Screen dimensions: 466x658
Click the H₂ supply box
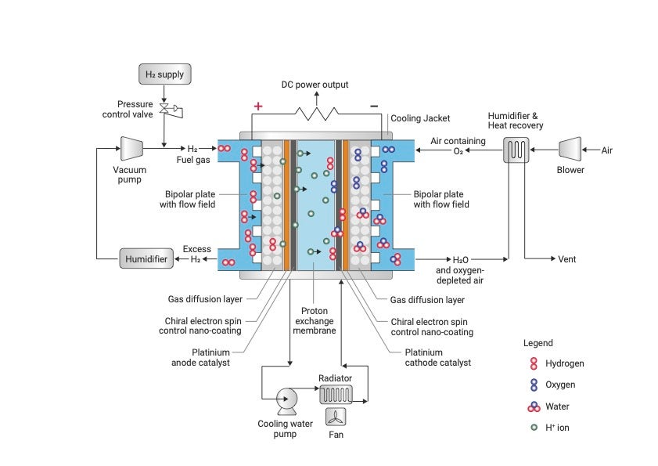(x=164, y=74)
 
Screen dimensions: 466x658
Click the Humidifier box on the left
(x=146, y=258)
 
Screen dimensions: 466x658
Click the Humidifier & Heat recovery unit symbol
(x=516, y=149)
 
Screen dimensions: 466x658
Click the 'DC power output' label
(x=315, y=85)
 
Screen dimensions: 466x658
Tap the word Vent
(x=567, y=258)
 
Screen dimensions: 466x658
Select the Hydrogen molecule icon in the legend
(x=534, y=363)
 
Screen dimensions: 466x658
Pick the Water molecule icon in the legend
(x=534, y=406)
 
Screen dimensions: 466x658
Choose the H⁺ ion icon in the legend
(x=534, y=427)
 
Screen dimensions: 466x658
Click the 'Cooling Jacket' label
(x=420, y=118)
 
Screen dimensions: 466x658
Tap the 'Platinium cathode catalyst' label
(x=438, y=357)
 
